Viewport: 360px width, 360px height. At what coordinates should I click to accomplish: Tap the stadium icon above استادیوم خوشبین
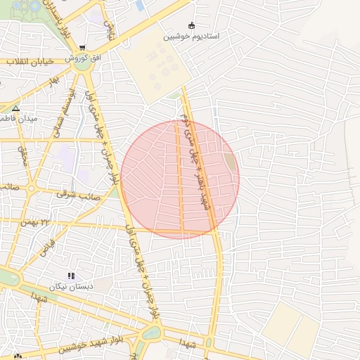tap(191, 26)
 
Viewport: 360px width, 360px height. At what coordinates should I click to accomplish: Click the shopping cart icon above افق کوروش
tap(83, 47)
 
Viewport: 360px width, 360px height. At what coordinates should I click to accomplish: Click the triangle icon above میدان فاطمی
tap(15, 108)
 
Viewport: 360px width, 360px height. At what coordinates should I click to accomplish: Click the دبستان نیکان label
tap(69, 287)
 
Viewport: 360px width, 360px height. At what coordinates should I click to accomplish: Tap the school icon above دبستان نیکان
tap(70, 276)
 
